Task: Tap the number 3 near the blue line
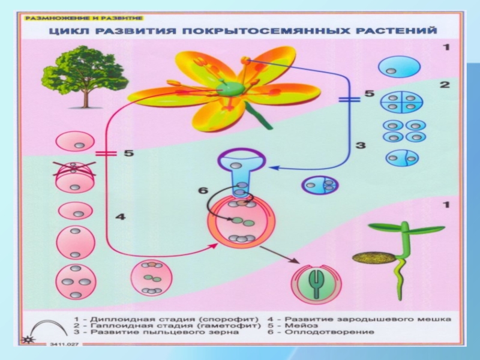360,145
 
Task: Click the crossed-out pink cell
74,175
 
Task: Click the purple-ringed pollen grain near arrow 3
319,185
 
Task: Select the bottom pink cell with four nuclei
76,281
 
